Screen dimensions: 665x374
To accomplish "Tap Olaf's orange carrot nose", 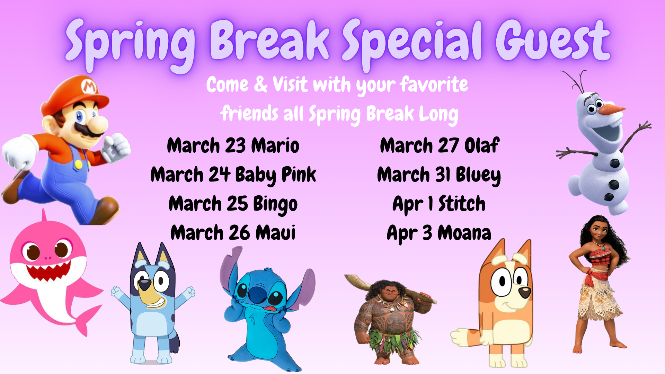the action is (x=612, y=109).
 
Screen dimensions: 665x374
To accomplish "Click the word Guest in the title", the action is (x=553, y=41).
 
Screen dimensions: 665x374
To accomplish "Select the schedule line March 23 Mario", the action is (x=233, y=145).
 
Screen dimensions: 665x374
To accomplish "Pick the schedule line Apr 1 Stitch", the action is (x=439, y=204).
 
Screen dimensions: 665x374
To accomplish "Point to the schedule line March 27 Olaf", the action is (x=440, y=145).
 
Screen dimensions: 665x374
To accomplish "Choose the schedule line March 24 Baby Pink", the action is (x=233, y=175).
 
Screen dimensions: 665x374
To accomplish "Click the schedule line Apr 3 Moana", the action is (x=439, y=233).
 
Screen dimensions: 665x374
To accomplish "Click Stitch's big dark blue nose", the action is (x=257, y=294).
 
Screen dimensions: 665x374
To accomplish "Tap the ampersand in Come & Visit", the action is (x=261, y=84).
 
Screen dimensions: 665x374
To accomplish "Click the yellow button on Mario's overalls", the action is (x=79, y=164).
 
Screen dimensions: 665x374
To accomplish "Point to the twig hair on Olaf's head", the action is (x=575, y=81).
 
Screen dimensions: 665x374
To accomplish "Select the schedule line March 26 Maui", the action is (x=233, y=233).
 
